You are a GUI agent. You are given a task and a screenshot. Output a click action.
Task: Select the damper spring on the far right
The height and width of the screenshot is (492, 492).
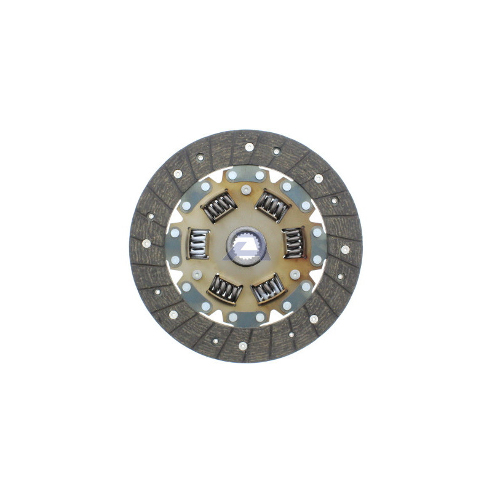(293, 243)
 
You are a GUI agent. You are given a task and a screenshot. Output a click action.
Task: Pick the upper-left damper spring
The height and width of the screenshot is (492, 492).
(218, 206)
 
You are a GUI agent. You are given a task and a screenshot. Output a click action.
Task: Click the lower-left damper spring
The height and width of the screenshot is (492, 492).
(224, 288)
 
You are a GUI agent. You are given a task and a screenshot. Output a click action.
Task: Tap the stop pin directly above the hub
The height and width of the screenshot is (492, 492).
(246, 190)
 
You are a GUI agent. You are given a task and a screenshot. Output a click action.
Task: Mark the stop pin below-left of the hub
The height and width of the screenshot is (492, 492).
(197, 274)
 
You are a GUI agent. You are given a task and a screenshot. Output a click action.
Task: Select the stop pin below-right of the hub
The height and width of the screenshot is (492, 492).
(295, 274)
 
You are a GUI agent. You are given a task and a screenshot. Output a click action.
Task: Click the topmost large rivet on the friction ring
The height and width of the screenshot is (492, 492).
(249, 147)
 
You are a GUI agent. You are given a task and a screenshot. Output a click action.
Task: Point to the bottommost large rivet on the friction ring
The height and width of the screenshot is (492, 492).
(242, 346)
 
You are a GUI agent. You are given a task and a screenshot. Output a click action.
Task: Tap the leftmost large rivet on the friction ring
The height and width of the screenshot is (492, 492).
(146, 243)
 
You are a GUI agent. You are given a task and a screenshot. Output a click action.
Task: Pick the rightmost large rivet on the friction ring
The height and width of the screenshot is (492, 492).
(345, 249)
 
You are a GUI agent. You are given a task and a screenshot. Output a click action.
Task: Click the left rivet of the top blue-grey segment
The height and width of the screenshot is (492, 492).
(232, 175)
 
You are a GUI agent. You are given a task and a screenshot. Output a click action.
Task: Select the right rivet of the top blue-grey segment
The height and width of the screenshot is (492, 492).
(260, 175)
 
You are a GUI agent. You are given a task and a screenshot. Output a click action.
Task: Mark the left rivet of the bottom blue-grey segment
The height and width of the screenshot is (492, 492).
(233, 317)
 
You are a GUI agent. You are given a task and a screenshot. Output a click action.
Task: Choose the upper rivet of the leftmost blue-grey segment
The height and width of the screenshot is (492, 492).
(175, 233)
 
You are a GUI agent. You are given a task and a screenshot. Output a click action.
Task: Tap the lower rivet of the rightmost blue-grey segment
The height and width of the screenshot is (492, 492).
(317, 260)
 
